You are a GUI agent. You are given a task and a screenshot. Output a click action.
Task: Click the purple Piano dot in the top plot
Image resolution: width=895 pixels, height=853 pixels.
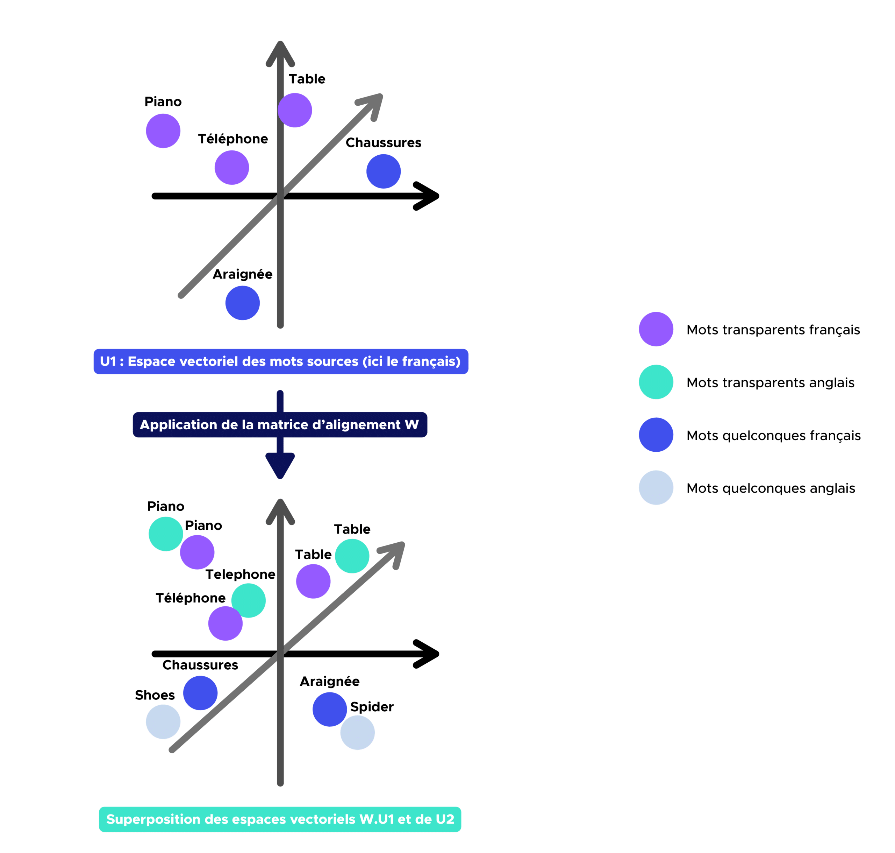163,131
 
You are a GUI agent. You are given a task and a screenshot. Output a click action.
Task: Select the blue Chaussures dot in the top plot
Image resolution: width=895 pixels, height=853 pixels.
384,171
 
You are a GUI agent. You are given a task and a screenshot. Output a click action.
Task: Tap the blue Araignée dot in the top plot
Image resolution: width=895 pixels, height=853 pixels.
243,303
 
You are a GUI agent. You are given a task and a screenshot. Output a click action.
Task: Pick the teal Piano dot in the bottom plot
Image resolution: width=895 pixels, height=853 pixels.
165,534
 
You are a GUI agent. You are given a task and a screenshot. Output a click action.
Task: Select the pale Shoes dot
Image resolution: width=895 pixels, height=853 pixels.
163,721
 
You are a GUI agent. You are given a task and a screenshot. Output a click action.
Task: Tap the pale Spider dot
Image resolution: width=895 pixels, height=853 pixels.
358,733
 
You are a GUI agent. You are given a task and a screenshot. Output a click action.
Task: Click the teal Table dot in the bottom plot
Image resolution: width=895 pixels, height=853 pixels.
352,556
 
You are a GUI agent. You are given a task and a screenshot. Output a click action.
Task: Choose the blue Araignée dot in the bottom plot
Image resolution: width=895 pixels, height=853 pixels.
329,709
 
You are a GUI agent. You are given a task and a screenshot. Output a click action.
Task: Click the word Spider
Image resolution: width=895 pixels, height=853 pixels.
372,707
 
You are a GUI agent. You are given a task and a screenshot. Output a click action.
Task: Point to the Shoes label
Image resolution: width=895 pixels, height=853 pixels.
155,695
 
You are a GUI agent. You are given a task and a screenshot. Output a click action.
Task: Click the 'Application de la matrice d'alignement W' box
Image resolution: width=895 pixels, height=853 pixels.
280,425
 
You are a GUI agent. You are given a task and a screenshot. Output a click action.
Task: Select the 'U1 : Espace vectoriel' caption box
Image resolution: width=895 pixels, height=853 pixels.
280,361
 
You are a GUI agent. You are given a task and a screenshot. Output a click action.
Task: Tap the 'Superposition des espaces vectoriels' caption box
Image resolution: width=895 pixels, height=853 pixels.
280,819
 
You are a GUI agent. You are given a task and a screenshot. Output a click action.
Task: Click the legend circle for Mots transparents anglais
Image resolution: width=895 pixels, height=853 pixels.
656,382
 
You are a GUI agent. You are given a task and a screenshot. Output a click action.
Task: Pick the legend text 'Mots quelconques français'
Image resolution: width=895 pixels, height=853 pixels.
773,435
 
